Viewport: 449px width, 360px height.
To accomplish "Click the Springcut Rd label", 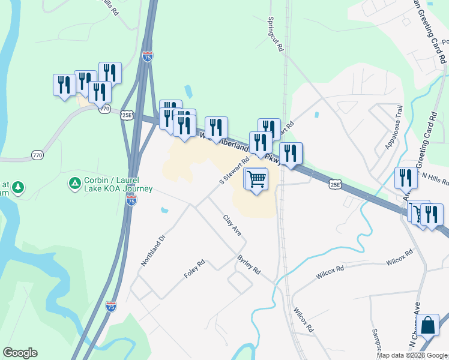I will click(274, 35).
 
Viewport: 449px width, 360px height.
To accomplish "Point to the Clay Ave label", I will click(232, 225).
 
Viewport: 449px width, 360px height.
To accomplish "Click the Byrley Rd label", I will click(249, 263).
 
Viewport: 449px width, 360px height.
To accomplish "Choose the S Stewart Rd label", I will click(234, 171).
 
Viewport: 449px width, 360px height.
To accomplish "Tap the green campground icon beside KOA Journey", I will click(75, 182).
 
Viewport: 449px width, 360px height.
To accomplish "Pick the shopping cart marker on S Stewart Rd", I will click(256, 179).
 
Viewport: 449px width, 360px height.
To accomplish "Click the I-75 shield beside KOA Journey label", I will click(131, 201).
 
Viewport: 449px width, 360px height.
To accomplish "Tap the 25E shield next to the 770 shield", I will click(126, 115).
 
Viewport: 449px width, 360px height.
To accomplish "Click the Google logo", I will click(20, 353).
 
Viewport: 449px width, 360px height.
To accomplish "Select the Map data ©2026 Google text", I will click(412, 355).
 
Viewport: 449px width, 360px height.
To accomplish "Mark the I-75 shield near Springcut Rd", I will click(148, 56).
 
